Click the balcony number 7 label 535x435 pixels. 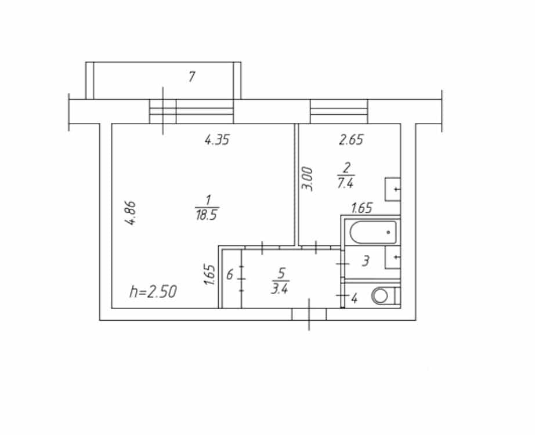click(x=191, y=77)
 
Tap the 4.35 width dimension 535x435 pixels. click(x=217, y=140)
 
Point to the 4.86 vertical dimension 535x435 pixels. click(x=131, y=213)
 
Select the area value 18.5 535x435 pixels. click(x=207, y=215)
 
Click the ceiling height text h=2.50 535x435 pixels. click(x=153, y=292)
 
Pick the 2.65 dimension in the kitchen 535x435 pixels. click(x=351, y=140)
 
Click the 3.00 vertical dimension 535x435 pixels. click(x=308, y=179)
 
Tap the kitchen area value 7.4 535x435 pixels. click(x=345, y=183)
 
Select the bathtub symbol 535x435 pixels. click(x=373, y=233)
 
